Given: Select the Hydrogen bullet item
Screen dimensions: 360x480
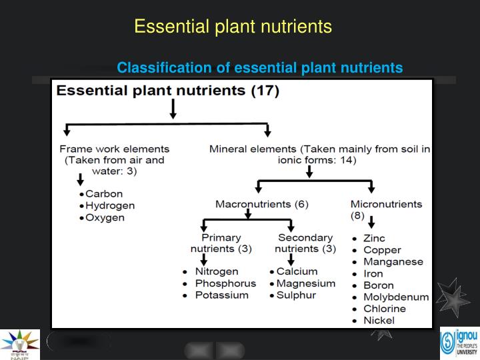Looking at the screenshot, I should click(x=110, y=206).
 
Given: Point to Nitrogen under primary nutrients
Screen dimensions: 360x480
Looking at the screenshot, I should click(x=216, y=271).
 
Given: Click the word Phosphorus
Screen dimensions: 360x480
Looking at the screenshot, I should click(x=225, y=283).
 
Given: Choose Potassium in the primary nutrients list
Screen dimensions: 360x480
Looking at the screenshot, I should click(x=221, y=295).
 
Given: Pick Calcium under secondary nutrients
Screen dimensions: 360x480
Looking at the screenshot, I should click(x=297, y=271).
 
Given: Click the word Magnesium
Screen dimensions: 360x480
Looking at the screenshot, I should click(x=306, y=283).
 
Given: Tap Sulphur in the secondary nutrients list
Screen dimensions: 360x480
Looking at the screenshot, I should click(x=296, y=295).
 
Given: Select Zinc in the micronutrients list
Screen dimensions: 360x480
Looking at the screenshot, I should click(x=374, y=238).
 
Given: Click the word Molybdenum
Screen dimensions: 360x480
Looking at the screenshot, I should click(x=396, y=297).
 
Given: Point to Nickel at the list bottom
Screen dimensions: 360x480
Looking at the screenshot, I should click(x=379, y=320).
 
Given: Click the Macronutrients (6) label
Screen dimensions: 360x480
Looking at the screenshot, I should click(x=261, y=203).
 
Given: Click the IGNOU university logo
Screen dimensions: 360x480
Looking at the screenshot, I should click(x=459, y=343).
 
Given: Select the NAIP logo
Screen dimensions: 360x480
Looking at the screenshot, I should click(x=19, y=344).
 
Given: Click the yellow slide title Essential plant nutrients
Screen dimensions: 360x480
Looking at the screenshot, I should click(x=233, y=26).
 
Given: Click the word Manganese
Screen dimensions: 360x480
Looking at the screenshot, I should click(x=393, y=262).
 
